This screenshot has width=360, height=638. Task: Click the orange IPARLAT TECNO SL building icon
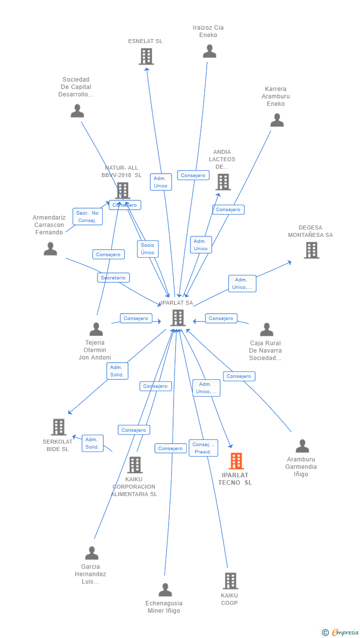236,461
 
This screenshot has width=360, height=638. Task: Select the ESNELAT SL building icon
146,57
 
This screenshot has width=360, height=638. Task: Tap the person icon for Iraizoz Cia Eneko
210,51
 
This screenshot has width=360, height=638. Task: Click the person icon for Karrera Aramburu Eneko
277,120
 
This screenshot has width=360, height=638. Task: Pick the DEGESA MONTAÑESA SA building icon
311,250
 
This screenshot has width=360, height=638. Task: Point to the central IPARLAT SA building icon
178,318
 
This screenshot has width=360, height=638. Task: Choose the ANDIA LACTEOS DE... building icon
223,182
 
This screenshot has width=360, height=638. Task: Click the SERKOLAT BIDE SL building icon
58,427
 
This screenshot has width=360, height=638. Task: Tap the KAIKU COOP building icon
230,581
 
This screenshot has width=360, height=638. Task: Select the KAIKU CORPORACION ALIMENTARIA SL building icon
135,465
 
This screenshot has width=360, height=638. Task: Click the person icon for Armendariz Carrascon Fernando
50,249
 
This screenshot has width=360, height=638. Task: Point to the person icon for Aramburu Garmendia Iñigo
302,446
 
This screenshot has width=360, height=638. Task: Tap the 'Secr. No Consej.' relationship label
88,217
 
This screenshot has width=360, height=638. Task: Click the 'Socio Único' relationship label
147,249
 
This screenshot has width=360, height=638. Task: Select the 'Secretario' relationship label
113,278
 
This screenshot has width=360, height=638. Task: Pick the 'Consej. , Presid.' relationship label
203,448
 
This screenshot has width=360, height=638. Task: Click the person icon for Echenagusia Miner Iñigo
165,590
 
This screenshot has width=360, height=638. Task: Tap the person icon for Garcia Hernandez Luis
91,553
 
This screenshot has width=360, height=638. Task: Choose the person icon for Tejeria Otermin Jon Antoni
96,329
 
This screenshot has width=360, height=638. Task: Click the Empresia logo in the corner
341,632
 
